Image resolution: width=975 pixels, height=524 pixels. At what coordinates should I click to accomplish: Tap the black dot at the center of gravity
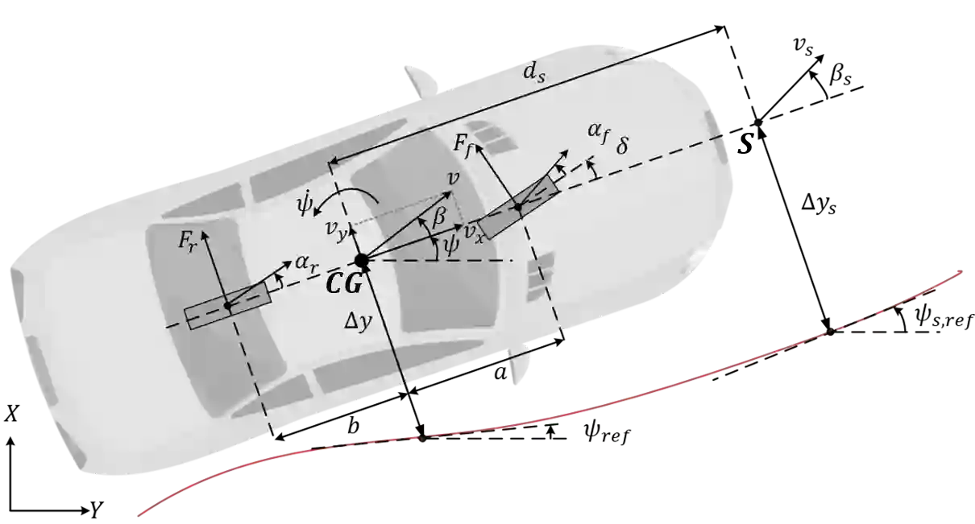pos(362,260)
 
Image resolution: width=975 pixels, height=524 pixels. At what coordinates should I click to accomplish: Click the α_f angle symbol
pos(597,136)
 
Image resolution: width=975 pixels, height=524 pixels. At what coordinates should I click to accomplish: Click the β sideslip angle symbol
pos(439,216)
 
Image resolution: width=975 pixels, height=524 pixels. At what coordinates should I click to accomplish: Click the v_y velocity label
pos(336,229)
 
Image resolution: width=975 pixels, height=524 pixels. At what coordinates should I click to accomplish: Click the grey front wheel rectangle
pos(519,206)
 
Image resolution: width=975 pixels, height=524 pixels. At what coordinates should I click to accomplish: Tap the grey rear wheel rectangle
pos(227,307)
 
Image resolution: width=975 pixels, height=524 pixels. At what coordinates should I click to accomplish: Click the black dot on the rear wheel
pos(228,306)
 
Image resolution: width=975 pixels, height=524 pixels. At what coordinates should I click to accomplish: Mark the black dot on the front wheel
pos(519,208)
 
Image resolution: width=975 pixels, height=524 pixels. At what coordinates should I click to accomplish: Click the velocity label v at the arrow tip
pos(453,179)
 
